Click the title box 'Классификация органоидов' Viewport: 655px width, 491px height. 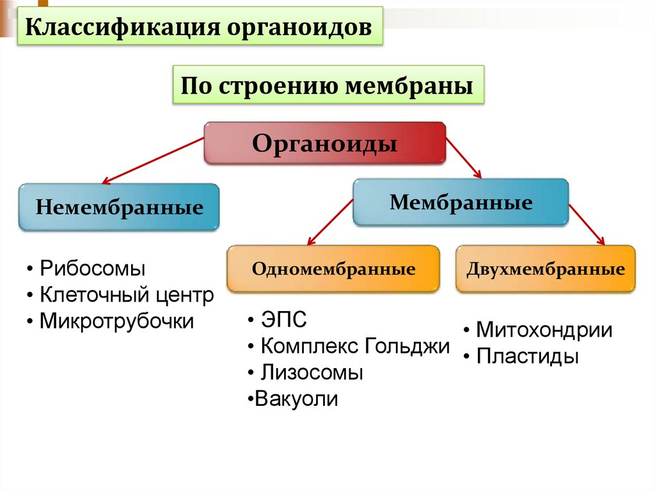[199, 27]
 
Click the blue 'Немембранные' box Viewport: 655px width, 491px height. [119, 207]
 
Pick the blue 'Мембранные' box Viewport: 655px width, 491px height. [461, 202]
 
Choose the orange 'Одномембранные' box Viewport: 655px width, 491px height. [333, 269]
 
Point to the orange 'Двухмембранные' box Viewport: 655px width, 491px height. [545, 269]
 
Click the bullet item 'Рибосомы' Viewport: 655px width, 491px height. [92, 268]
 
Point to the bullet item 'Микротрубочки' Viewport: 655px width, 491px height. [116, 321]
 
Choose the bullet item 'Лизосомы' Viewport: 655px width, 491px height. [312, 373]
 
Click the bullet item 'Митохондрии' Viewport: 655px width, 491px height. [544, 330]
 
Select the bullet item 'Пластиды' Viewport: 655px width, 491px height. [528, 357]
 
